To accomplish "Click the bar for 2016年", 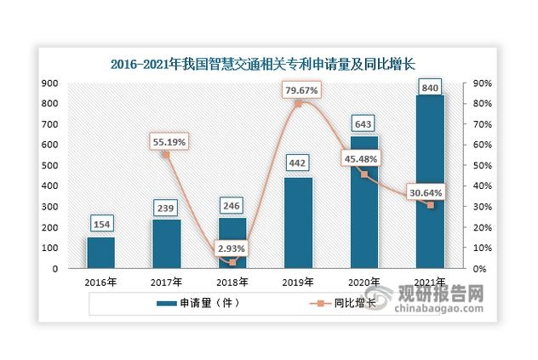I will point(100,253).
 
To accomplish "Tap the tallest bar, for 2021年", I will point(430,182).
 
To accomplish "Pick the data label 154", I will point(100,224).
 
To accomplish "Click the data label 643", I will point(363,123).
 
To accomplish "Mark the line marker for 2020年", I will point(364,174).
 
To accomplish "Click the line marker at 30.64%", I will point(430,205).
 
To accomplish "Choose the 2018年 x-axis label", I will point(232,283).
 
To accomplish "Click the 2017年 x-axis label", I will point(167,283).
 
